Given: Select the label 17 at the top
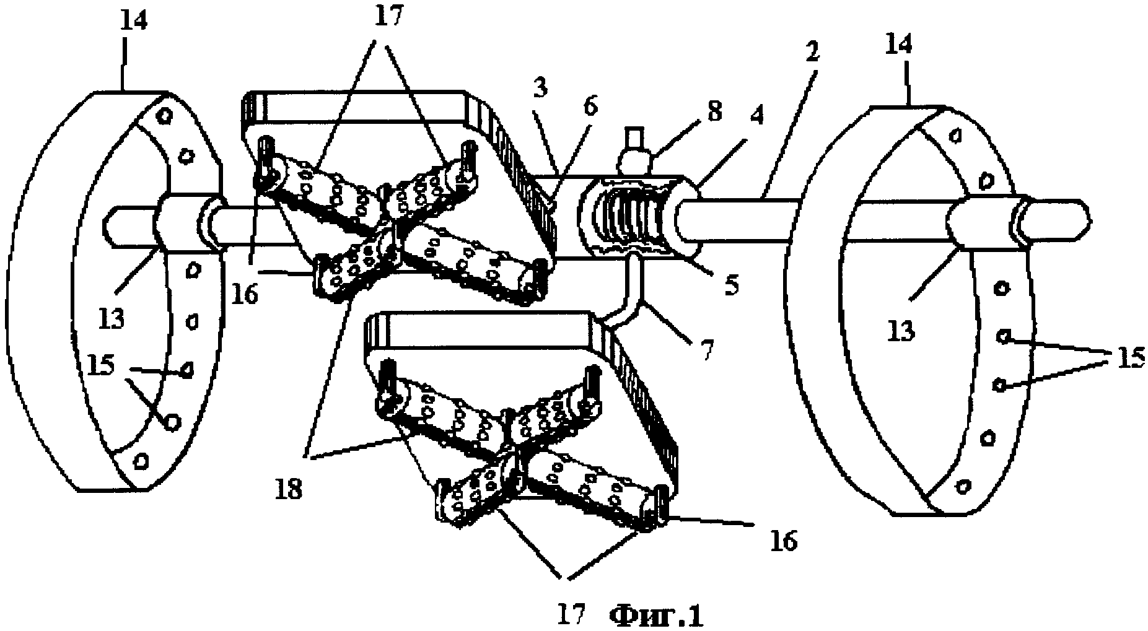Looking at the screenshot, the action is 388,15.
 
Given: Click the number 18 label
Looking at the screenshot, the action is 289,489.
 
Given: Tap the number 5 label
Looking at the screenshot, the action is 732,286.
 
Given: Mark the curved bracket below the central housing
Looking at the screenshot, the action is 624,297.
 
